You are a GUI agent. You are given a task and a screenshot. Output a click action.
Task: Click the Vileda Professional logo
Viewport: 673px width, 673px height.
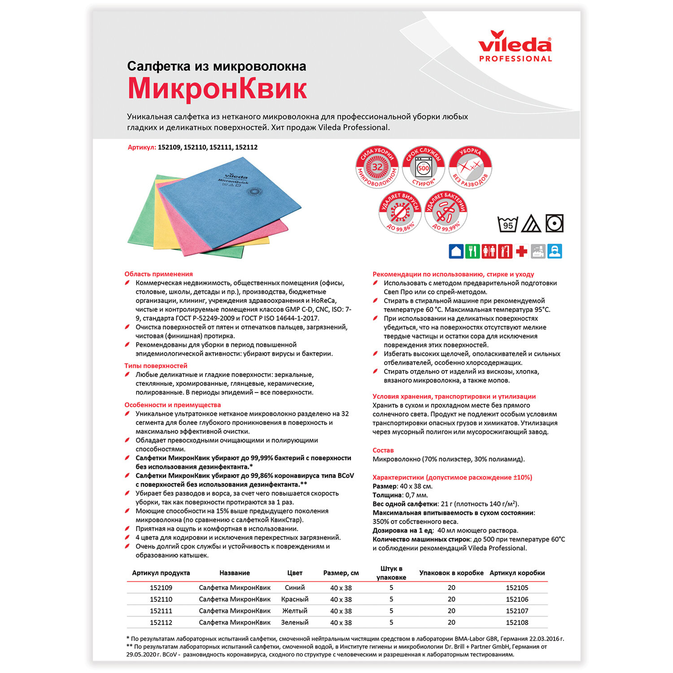tap(515, 46)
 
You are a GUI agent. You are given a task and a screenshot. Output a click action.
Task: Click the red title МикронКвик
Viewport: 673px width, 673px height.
tap(217, 88)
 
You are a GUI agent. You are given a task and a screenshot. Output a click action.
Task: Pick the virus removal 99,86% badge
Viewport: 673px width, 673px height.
tap(400, 212)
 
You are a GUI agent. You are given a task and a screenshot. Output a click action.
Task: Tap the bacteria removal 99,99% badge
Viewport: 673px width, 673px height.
tap(446, 212)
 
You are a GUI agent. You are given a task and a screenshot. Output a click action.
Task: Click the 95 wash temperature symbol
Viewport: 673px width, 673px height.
tap(508, 223)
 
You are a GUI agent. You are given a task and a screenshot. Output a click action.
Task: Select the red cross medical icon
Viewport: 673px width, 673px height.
tap(521, 251)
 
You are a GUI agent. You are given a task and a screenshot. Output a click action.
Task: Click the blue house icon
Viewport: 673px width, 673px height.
tap(456, 251)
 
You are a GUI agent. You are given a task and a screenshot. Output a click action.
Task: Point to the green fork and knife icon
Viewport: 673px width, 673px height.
tap(472, 251)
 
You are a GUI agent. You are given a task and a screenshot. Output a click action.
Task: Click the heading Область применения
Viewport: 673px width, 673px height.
tap(158, 274)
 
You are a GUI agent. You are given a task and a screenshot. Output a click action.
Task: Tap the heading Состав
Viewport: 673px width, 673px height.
tap(383, 450)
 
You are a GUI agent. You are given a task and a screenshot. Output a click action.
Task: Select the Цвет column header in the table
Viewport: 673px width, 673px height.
tap(295, 573)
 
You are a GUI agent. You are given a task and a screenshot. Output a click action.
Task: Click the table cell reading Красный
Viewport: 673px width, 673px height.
tap(295, 599)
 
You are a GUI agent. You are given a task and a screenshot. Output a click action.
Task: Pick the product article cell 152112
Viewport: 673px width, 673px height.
tap(161, 622)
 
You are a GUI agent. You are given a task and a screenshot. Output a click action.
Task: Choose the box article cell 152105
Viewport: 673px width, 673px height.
tap(517, 588)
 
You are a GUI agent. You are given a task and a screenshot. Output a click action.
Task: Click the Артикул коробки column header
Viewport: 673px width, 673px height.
tap(517, 573)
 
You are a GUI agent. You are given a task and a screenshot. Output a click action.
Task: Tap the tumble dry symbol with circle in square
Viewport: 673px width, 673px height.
tap(554, 223)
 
